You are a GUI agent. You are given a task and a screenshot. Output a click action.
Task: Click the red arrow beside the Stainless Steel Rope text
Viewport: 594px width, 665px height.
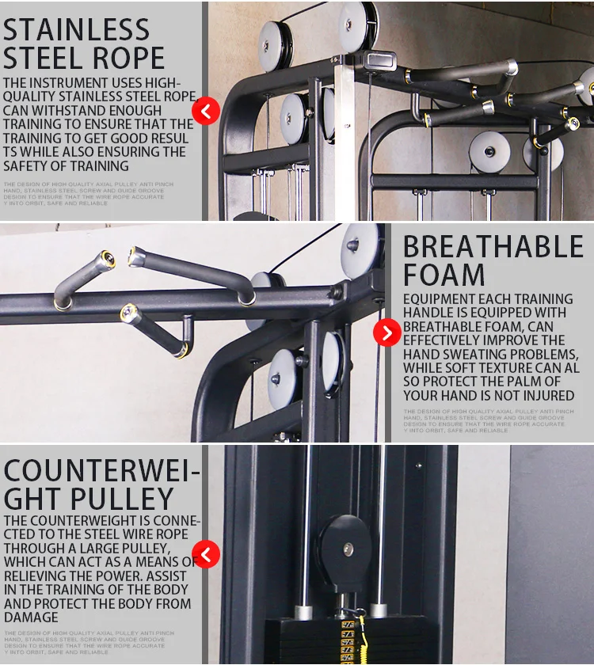point(207,111)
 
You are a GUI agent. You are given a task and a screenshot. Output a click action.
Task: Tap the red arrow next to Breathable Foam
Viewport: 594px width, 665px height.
point(386,333)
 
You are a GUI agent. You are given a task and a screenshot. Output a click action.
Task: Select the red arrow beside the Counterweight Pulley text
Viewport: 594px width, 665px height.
point(207,554)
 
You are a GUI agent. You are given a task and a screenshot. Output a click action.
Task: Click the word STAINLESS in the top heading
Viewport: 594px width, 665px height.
point(76,29)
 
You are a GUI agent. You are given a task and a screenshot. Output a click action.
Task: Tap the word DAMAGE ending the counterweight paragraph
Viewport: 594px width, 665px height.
point(31,617)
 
